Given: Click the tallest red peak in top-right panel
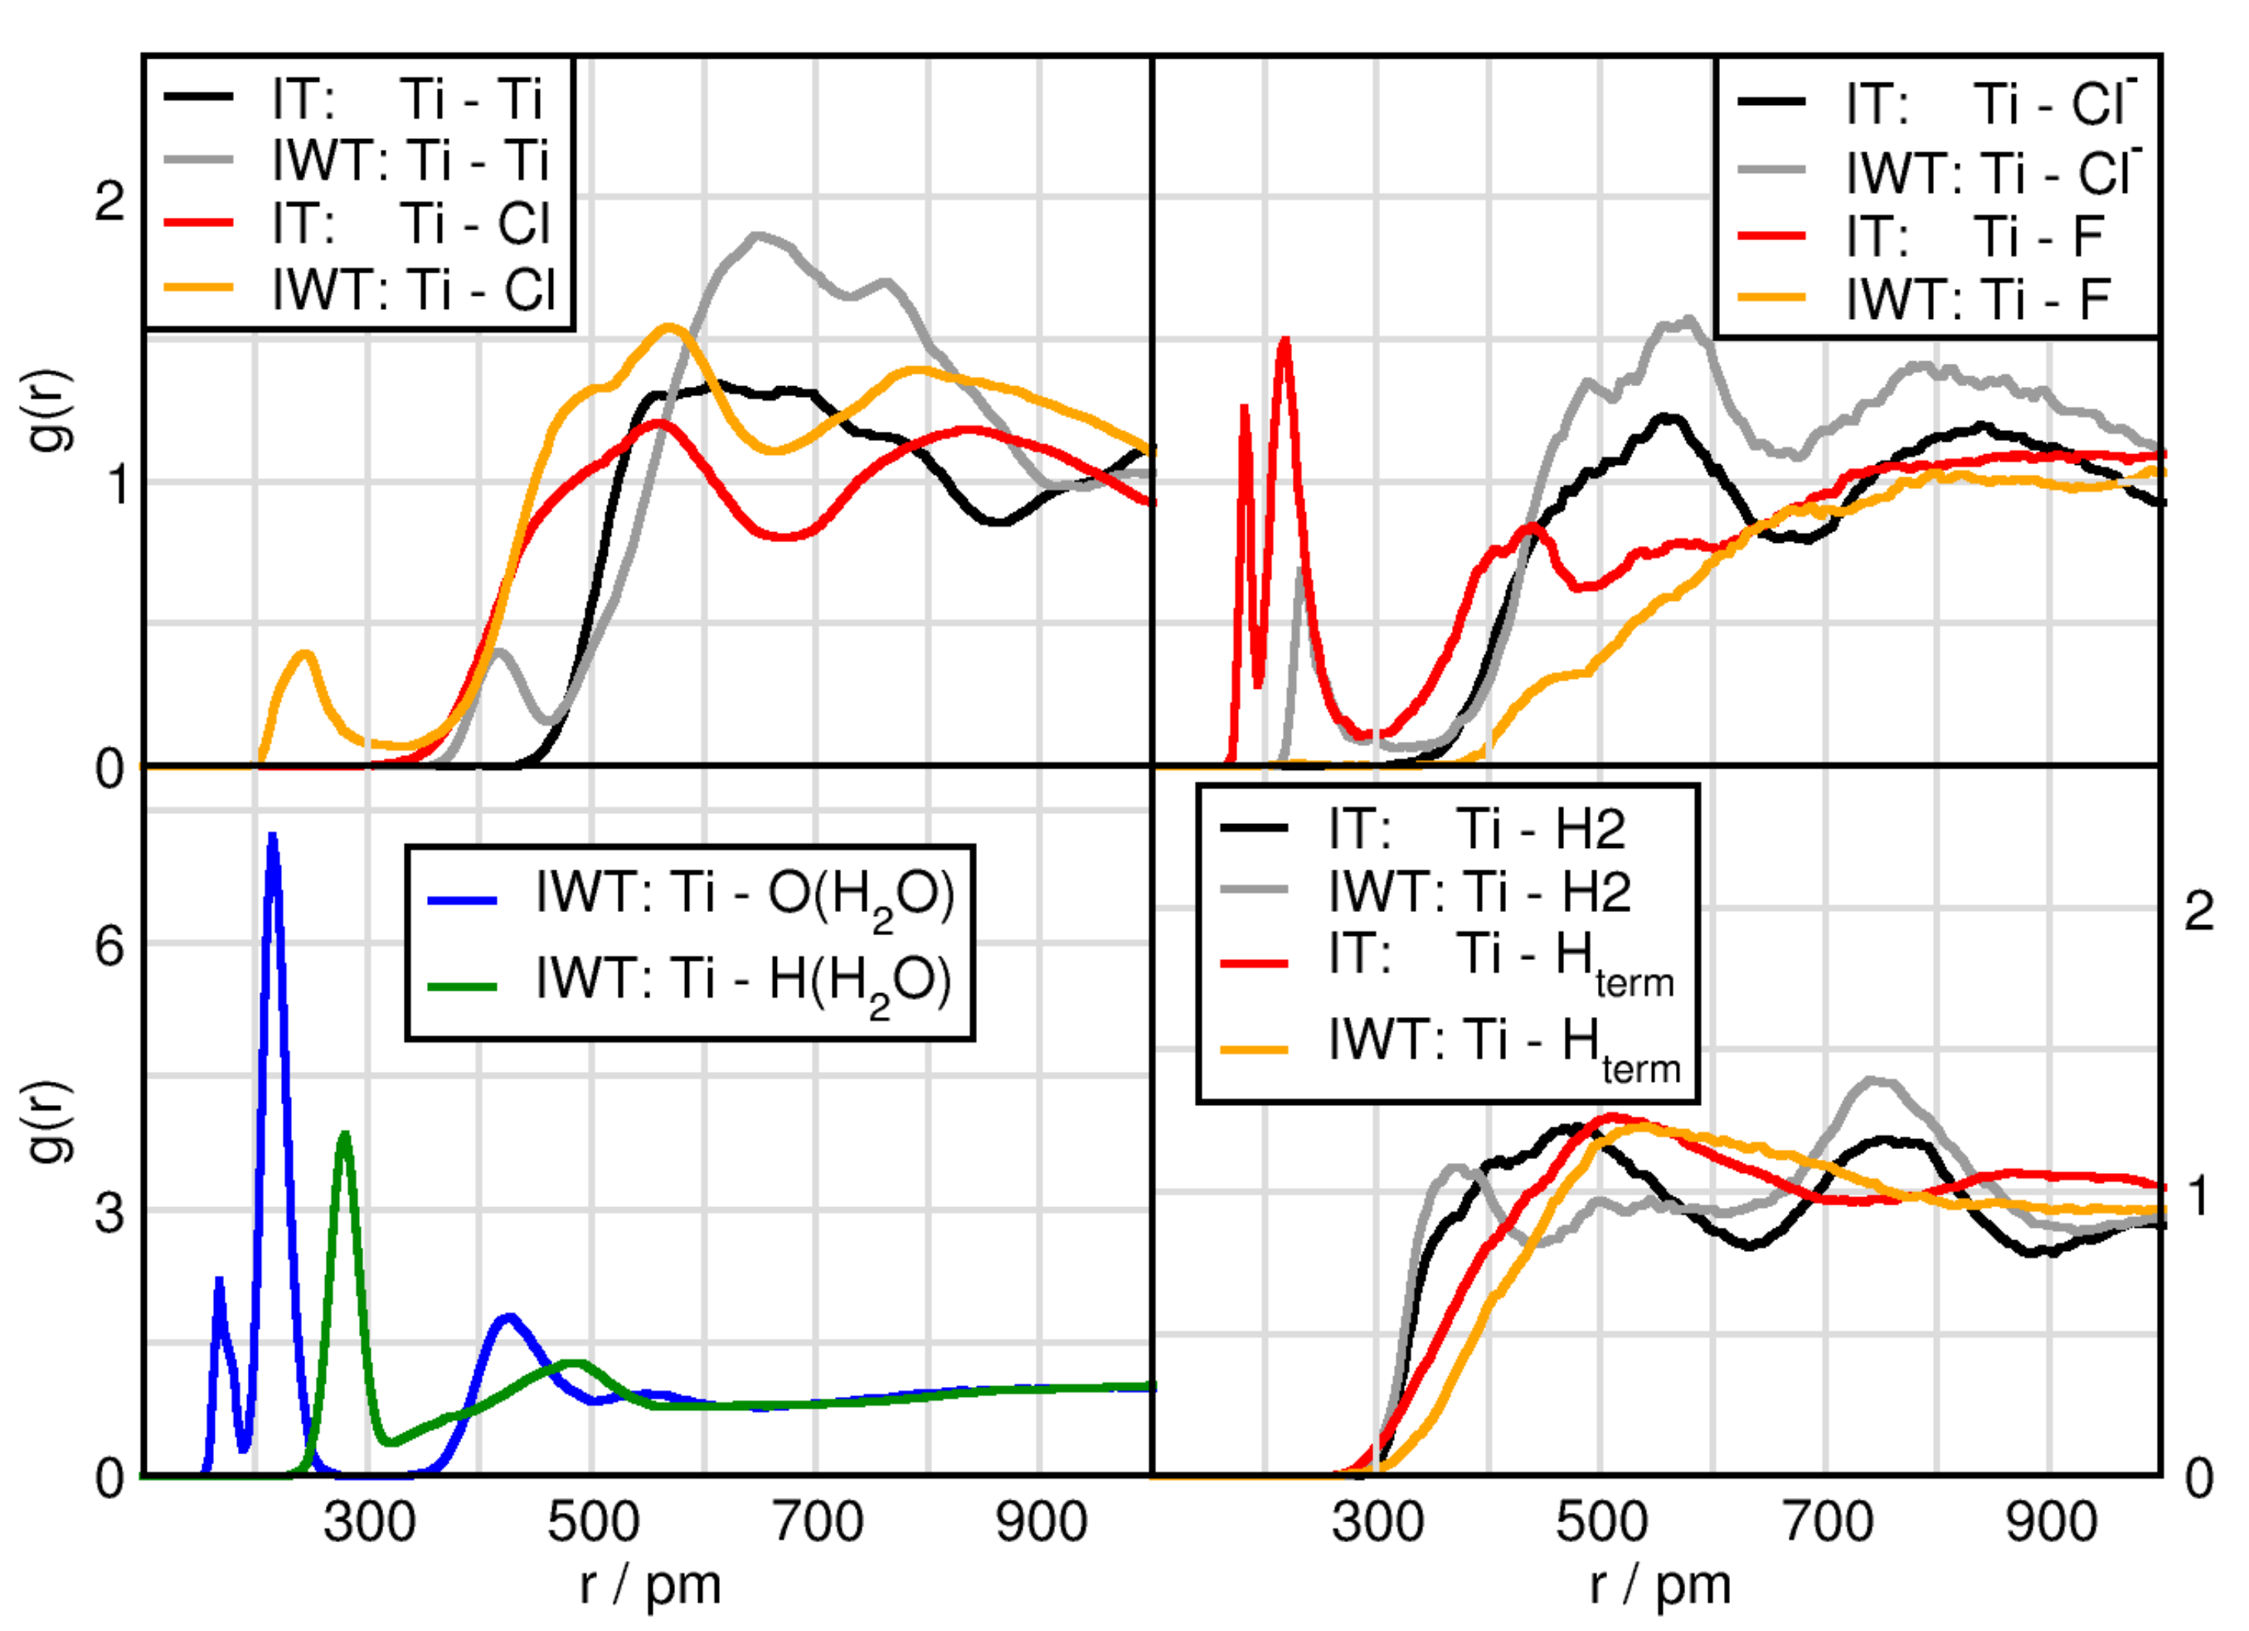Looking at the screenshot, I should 1285,340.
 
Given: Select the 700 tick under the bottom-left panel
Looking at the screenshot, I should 817,1522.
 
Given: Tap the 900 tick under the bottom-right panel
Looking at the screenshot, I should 2050,1522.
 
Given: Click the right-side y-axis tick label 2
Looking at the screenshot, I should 2199,911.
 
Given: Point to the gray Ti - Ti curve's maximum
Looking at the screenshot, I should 758,236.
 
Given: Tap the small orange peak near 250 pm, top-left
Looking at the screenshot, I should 305,653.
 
